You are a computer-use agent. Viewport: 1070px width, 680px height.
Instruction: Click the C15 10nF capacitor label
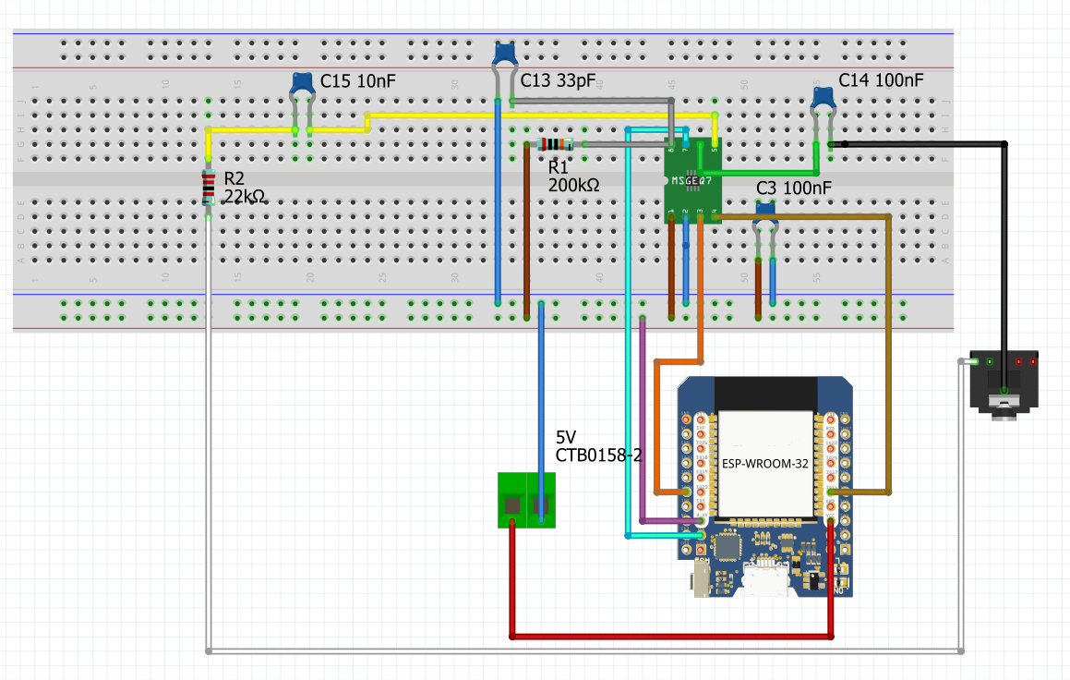pyautogui.click(x=357, y=81)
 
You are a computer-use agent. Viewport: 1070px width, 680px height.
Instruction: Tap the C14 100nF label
pyautogui.click(x=881, y=80)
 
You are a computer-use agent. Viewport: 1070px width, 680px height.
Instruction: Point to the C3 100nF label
pyautogui.click(x=793, y=188)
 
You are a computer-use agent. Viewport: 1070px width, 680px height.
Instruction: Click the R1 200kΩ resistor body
pyautogui.click(x=555, y=144)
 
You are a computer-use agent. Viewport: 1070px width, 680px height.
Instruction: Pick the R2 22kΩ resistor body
pyautogui.click(x=209, y=188)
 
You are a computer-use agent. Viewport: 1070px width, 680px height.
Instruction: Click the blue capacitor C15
pyautogui.click(x=302, y=84)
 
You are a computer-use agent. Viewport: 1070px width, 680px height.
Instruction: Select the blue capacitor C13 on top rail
pyautogui.click(x=504, y=54)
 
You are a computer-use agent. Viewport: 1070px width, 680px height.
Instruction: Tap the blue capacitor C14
pyautogui.click(x=823, y=94)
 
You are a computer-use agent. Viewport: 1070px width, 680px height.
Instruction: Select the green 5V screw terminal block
pyautogui.click(x=526, y=500)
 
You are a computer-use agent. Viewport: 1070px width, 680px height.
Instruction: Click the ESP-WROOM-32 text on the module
pyautogui.click(x=764, y=465)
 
